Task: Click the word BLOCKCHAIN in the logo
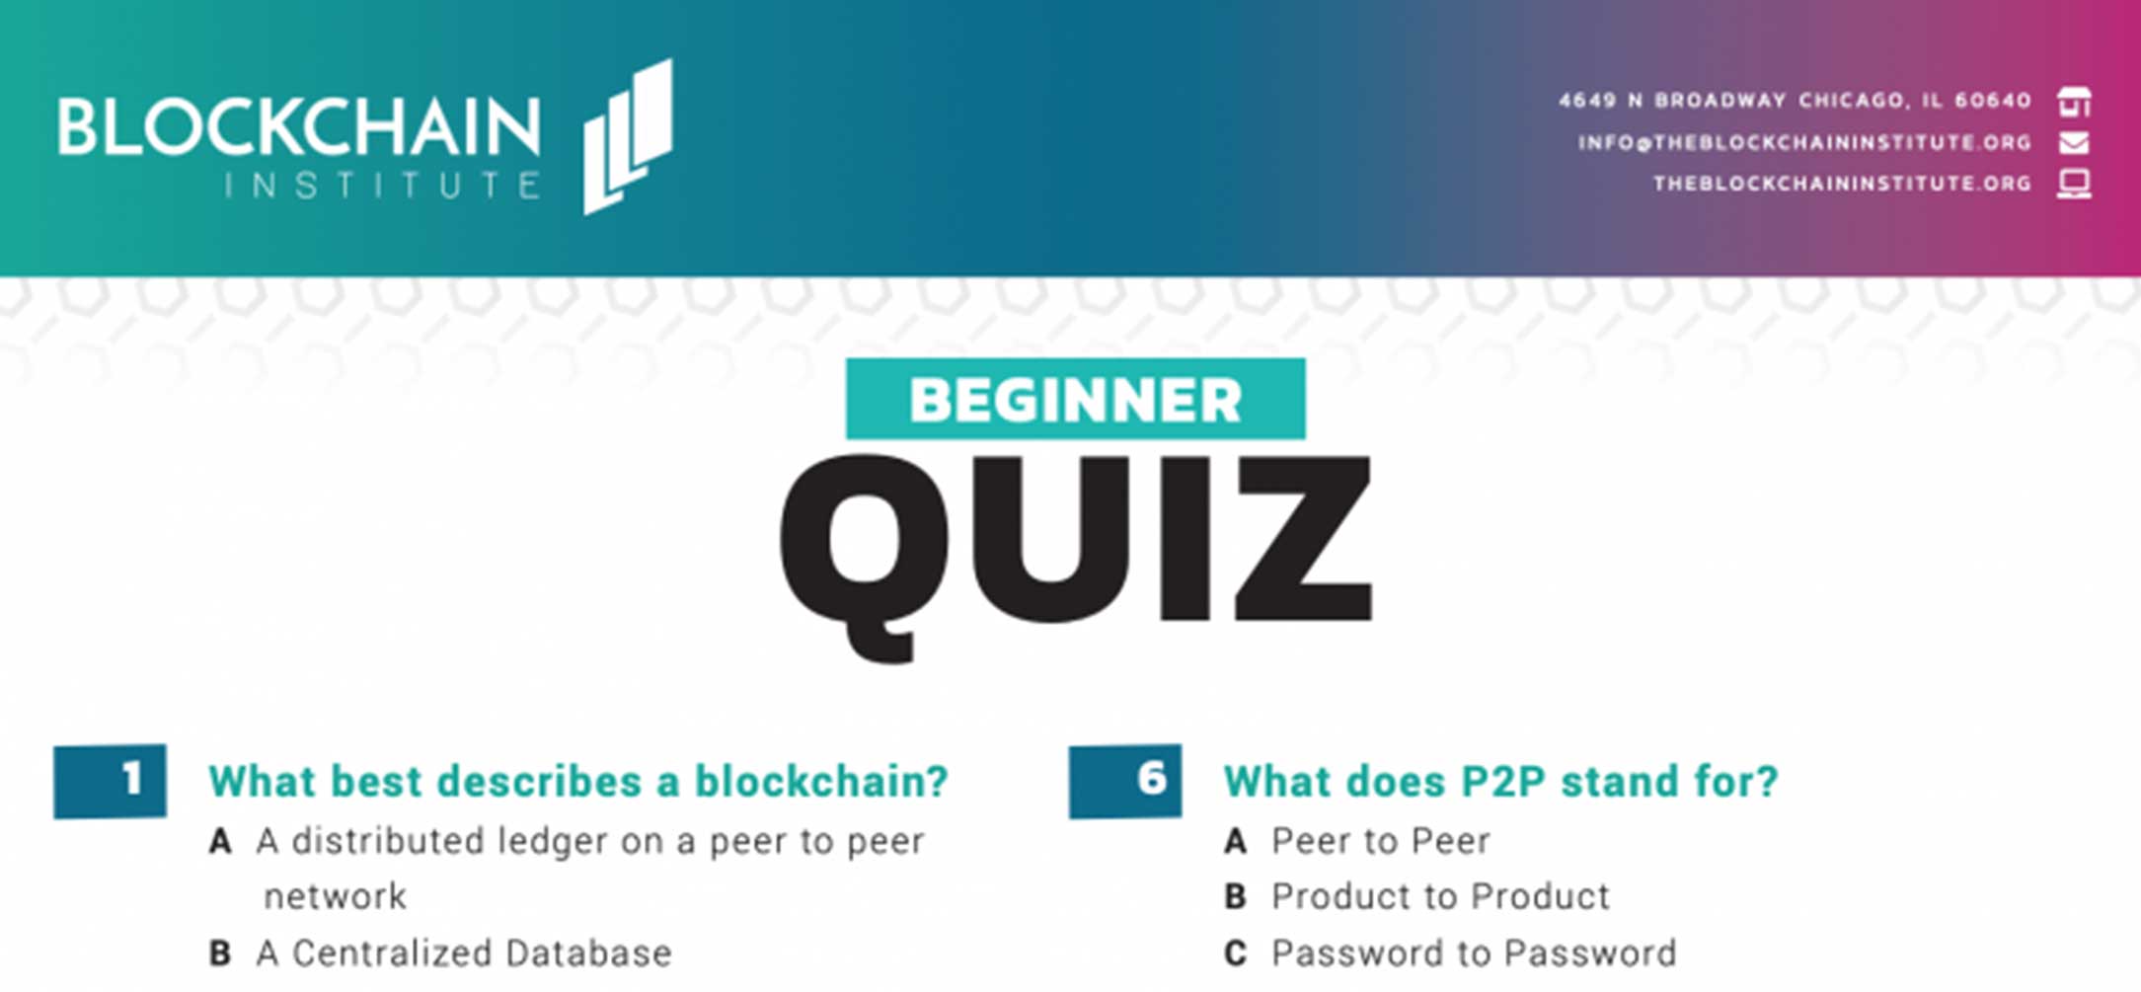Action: tap(299, 126)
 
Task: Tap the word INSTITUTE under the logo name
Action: tap(383, 186)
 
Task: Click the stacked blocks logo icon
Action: tap(628, 136)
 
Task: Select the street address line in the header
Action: tap(1795, 101)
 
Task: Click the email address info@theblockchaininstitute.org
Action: tap(1804, 143)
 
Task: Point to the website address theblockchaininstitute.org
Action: tap(1842, 184)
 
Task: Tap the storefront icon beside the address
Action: tap(2074, 102)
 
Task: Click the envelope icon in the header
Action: tap(2074, 143)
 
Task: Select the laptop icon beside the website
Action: tap(2074, 184)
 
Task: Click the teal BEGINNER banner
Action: tap(1075, 399)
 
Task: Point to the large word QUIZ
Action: tap(1075, 555)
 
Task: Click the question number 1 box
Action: tap(110, 781)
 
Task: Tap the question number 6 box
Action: tap(1124, 781)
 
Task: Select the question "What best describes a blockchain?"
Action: tap(578, 781)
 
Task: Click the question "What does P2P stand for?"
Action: tap(1500, 781)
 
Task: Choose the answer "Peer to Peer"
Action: tap(1381, 841)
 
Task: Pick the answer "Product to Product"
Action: tap(1440, 896)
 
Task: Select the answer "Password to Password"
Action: tap(1474, 953)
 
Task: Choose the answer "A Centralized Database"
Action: tap(464, 953)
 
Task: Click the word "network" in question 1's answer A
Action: tap(335, 897)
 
